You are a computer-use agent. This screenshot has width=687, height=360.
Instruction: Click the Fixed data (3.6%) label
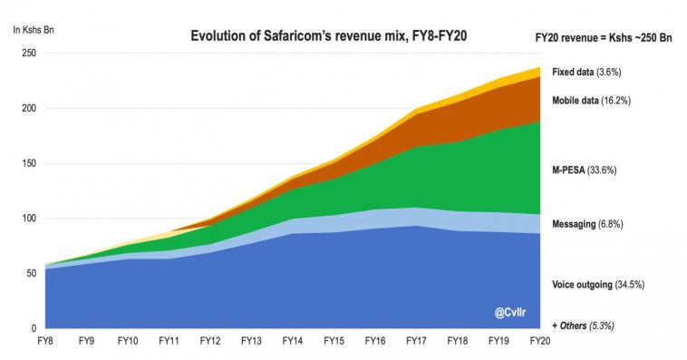click(x=586, y=71)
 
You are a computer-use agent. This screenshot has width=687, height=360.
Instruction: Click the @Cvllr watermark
click(x=512, y=313)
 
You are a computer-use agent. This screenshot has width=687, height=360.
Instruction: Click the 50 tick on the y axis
click(x=31, y=274)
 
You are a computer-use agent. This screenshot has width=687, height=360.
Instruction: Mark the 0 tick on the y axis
click(x=34, y=328)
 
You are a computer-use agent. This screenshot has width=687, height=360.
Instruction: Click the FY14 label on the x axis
click(x=293, y=341)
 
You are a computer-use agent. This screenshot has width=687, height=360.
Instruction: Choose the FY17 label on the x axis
click(x=417, y=341)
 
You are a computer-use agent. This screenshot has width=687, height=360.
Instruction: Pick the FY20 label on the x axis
click(x=540, y=341)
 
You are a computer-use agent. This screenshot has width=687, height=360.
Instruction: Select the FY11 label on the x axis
click(x=169, y=341)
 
